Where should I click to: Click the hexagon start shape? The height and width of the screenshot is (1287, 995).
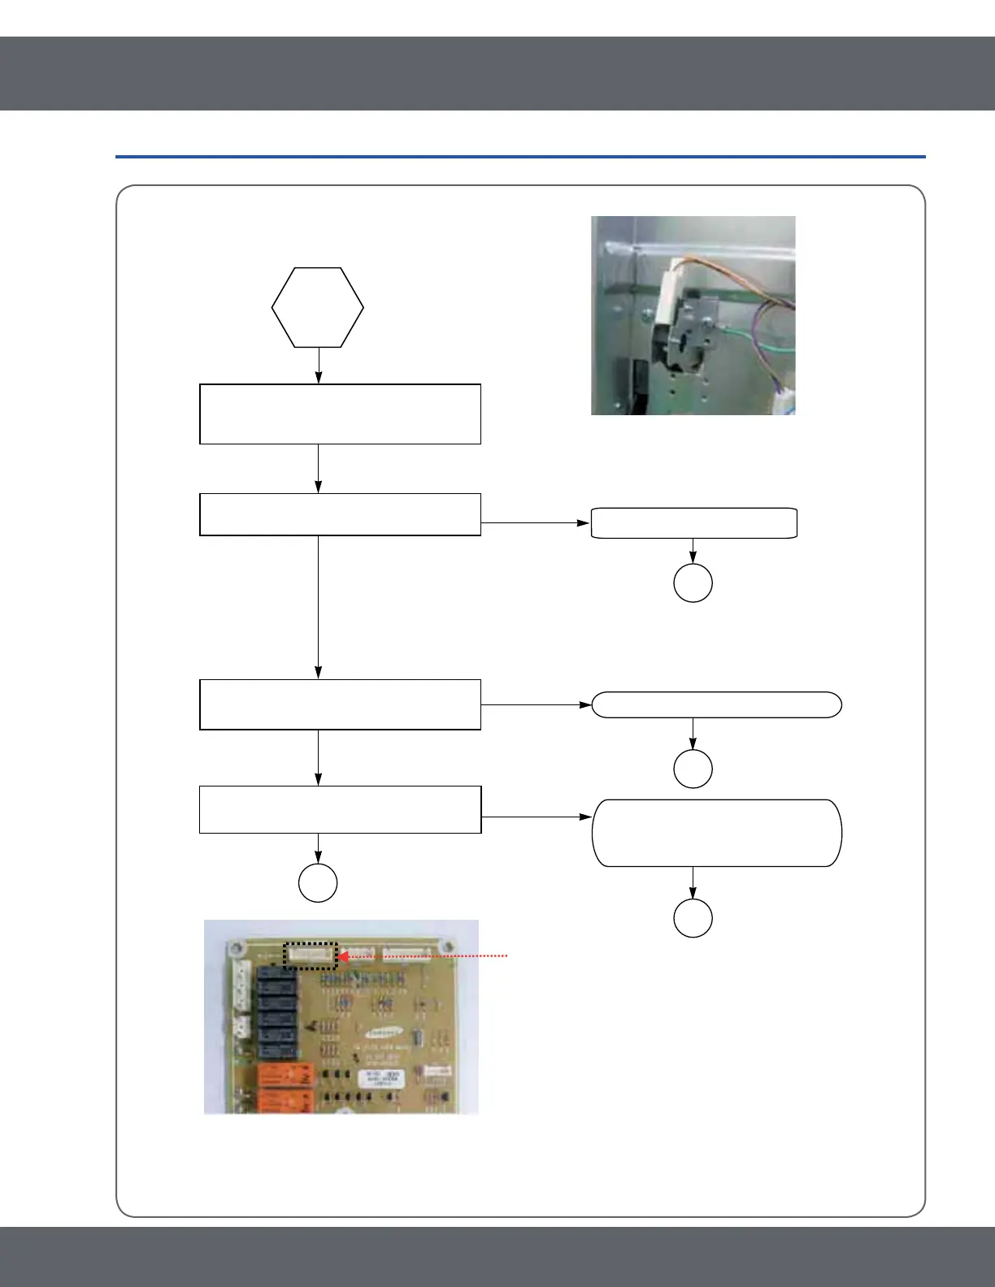pyautogui.click(x=317, y=308)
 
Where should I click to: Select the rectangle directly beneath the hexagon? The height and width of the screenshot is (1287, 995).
pyautogui.click(x=340, y=414)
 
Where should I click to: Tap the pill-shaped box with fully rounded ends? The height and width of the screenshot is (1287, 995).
pyautogui.click(x=716, y=704)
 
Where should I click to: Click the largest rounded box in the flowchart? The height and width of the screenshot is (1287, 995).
pyautogui.click(x=716, y=833)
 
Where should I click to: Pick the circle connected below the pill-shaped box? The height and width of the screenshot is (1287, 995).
pyautogui.click(x=693, y=769)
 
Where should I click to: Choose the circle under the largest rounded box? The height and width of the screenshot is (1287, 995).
pyautogui.click(x=693, y=918)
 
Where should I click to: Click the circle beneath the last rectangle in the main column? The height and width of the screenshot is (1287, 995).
pyautogui.click(x=318, y=882)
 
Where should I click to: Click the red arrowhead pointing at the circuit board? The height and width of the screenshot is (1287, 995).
pyautogui.click(x=343, y=957)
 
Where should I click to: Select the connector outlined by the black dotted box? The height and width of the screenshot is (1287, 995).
pyautogui.click(x=310, y=955)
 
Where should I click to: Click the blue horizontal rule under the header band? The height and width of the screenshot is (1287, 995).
pyautogui.click(x=520, y=156)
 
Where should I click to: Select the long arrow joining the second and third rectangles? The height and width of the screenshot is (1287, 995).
pyautogui.click(x=318, y=606)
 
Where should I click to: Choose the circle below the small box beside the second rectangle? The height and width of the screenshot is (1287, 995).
pyautogui.click(x=693, y=583)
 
